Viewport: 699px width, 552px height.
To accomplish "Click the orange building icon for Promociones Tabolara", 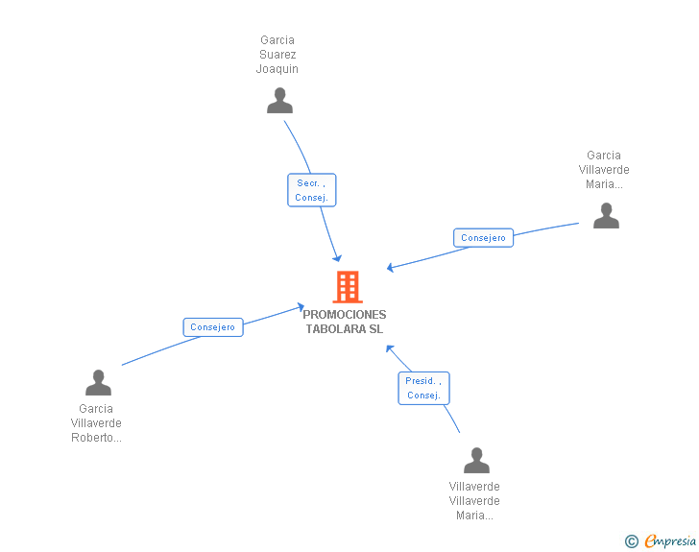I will (347, 287).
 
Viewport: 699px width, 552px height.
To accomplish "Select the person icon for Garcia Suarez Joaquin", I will (279, 101).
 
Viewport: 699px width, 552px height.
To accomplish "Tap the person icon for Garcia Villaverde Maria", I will (606, 216).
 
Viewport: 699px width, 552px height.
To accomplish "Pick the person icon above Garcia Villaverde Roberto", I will (98, 383).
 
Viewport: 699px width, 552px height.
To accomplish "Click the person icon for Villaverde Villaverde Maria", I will (476, 461).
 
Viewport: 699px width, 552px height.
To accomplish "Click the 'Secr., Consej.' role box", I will (311, 190).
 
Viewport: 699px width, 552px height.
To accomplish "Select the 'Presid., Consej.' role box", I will (423, 388).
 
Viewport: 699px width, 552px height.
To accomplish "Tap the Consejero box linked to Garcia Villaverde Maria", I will (483, 238).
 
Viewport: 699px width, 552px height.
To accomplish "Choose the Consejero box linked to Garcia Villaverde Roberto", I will (213, 327).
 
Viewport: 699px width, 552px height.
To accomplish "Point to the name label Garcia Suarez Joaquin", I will (277, 55).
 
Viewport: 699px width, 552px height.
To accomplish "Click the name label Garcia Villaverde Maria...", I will (604, 170).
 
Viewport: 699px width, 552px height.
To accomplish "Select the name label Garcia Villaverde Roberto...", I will (96, 423).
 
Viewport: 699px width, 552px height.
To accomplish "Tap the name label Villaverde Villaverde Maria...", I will (474, 501).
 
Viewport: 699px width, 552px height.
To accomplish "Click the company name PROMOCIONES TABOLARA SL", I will (345, 322).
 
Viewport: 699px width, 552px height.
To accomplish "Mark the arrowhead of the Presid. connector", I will (389, 348).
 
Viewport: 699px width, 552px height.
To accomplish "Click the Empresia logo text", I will (670, 541).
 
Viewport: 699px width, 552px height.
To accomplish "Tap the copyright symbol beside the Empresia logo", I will (632, 541).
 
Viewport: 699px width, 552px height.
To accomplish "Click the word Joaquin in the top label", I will (277, 69).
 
